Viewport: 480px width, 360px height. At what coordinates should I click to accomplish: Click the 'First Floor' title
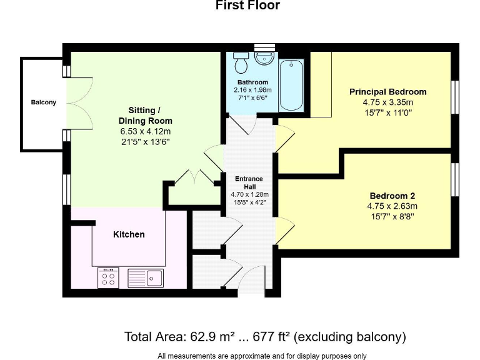point(247,6)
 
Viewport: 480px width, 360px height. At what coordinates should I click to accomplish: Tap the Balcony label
point(44,102)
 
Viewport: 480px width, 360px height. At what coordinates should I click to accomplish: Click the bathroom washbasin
point(264,58)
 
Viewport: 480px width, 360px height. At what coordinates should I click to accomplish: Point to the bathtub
point(291,85)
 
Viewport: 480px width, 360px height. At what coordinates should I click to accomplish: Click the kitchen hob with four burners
point(108,277)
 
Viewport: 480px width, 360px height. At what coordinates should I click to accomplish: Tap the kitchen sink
point(146,277)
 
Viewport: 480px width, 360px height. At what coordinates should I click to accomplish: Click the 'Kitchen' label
point(129,234)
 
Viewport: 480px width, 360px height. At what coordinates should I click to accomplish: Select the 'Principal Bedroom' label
point(387,92)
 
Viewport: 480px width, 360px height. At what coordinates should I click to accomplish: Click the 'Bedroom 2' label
point(392,195)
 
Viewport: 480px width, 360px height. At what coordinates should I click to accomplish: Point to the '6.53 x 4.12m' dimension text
point(145,132)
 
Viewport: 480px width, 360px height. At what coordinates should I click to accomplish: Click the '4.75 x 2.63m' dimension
point(392,206)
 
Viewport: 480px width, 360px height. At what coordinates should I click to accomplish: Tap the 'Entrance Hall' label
point(249,182)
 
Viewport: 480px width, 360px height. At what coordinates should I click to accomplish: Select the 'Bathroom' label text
point(252,82)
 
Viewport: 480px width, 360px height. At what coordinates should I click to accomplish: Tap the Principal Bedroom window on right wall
point(455,97)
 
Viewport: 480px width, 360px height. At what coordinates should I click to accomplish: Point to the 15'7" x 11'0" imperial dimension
point(387,112)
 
